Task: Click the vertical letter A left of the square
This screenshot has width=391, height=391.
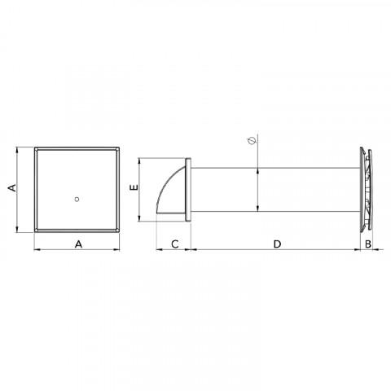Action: point(12,188)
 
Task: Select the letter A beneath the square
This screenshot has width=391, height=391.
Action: point(78,244)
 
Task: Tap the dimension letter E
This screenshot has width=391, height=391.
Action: point(134,188)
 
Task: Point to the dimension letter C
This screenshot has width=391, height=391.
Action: point(173,244)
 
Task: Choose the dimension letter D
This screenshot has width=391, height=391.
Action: point(276,244)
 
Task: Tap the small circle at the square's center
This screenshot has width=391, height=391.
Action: point(76,197)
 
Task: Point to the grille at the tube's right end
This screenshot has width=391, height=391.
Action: point(364,188)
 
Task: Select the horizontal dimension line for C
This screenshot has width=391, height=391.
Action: point(173,252)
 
